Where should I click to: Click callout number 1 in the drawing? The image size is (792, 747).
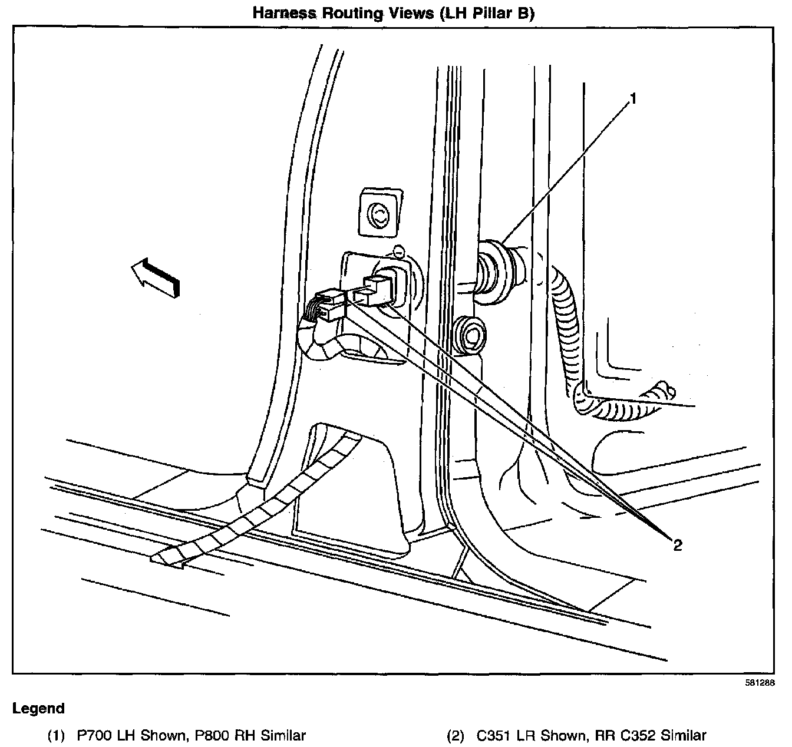click(x=633, y=99)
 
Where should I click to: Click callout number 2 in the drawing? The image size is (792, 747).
click(x=678, y=545)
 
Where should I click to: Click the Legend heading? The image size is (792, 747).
click(x=38, y=708)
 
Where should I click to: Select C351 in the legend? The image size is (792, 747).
click(x=494, y=735)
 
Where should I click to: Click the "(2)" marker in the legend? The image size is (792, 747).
click(x=456, y=735)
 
